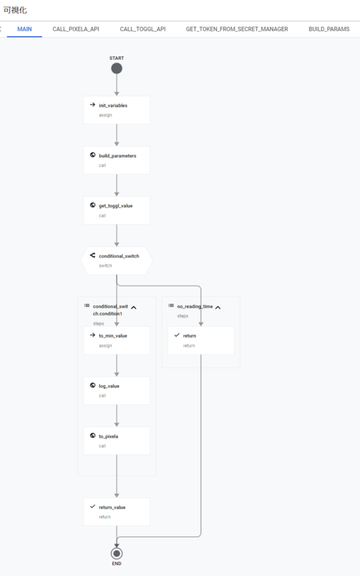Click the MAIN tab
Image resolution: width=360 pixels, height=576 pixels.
tap(24, 29)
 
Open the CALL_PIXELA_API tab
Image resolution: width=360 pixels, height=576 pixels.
tap(76, 29)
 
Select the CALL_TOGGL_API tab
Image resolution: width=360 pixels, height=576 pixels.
tap(143, 29)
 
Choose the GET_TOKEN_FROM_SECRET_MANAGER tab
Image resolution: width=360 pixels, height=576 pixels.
tap(237, 29)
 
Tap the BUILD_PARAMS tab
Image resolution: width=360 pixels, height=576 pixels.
tap(329, 29)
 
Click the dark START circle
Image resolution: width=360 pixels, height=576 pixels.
tap(117, 68)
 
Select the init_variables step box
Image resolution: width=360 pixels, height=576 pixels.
tap(117, 110)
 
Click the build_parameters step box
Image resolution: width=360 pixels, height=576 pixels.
tap(117, 161)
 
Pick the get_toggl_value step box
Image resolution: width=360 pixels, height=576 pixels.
tap(117, 210)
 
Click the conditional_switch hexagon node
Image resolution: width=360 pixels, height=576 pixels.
tap(117, 261)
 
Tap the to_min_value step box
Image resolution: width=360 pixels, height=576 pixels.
tap(117, 341)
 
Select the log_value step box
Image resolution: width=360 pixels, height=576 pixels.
tap(117, 391)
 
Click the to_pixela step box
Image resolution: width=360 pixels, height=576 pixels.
tap(117, 441)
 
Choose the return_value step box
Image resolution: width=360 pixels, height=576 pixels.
tap(117, 512)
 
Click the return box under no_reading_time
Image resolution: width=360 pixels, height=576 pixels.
tap(201, 341)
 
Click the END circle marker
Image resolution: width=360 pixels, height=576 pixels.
tap(117, 553)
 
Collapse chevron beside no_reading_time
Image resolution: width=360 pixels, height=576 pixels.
tap(218, 307)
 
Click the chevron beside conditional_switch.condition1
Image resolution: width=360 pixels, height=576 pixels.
tap(134, 307)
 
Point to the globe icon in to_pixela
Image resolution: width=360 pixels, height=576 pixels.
tap(93, 436)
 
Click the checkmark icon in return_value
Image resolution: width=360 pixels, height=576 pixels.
tap(93, 507)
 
